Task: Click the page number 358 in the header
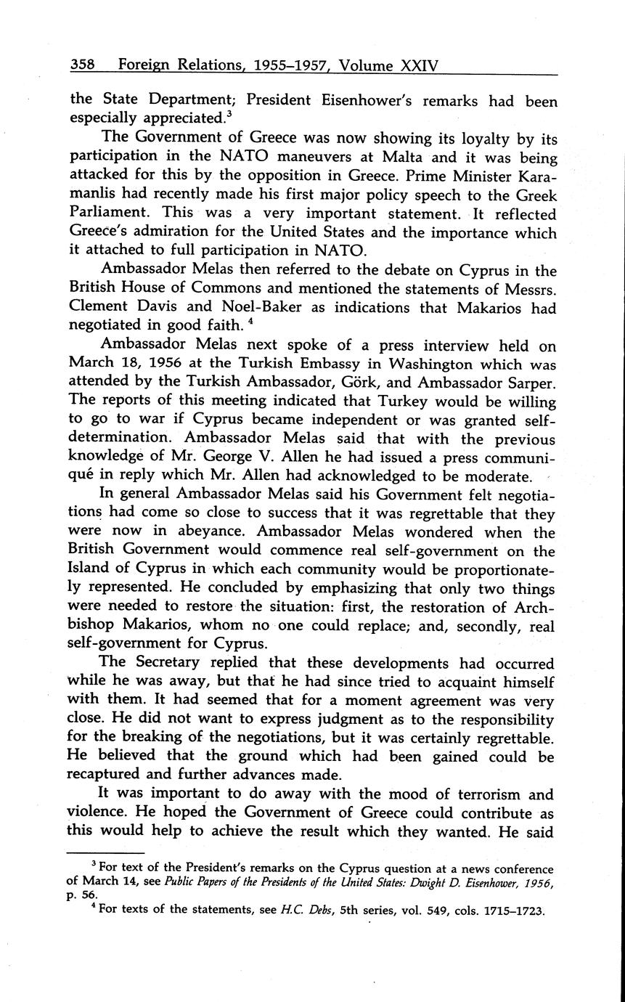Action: pyautogui.click(x=84, y=65)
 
